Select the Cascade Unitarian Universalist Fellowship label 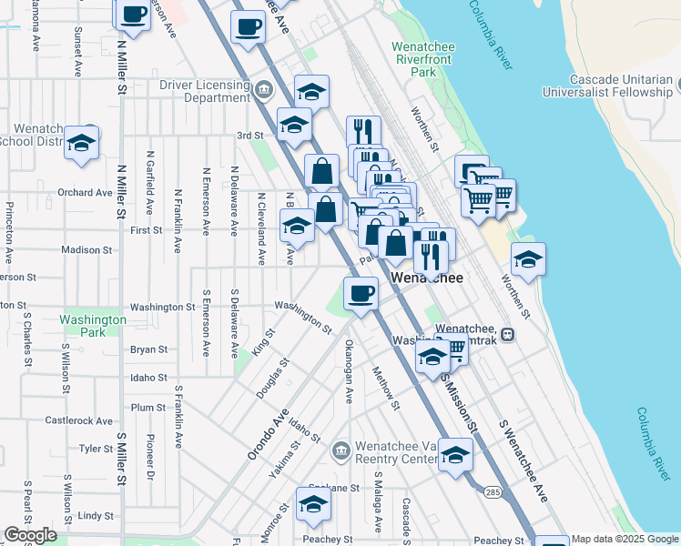[606, 86]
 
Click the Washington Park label [92, 326]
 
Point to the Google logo [30, 535]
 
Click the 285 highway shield [493, 492]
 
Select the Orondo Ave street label [268, 438]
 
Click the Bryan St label [148, 349]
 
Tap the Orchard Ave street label [85, 193]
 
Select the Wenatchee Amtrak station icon [507, 334]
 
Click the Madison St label [86, 249]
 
